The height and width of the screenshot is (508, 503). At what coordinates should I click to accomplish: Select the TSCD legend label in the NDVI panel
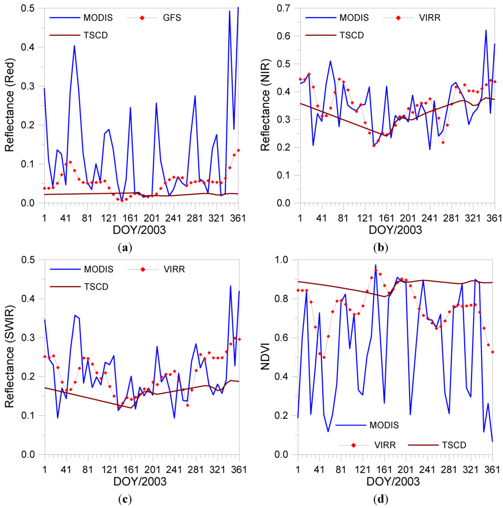(452, 445)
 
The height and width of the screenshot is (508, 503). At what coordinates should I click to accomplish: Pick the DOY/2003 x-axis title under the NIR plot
(395, 229)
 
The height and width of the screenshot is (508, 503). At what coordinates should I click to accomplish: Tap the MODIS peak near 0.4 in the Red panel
(74, 46)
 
